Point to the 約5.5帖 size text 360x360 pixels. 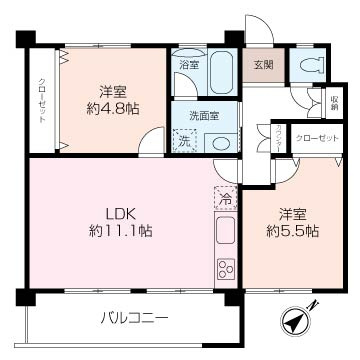tap(290, 230)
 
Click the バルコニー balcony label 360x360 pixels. tap(134, 319)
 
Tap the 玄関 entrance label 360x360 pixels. tap(262, 65)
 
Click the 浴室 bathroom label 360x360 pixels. tap(188, 65)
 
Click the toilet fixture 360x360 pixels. tap(311, 67)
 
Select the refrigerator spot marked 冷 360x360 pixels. tap(224, 199)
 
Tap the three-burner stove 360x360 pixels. tap(225, 268)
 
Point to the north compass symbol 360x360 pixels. tap(297, 320)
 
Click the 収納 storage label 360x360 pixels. tap(333, 101)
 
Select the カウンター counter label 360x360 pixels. tap(277, 137)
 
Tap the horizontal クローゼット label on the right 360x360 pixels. tap(315, 137)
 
